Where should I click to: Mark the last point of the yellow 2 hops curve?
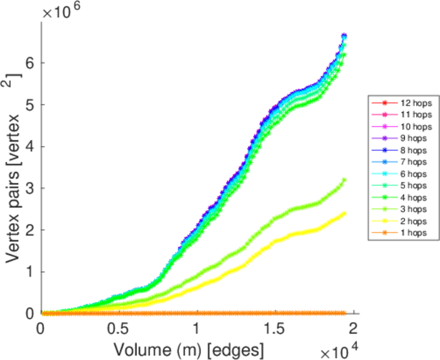345,213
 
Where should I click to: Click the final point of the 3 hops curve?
345,180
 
